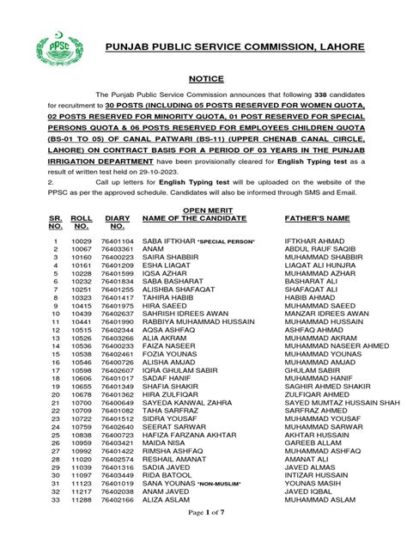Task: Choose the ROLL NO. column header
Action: (80, 225)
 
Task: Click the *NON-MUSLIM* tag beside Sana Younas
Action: (221, 485)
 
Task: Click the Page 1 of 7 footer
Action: (203, 534)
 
